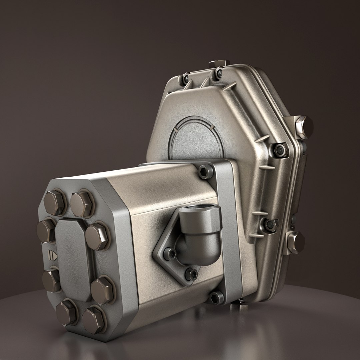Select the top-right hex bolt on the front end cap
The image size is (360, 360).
coord(82,204)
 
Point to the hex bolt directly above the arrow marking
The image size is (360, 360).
coord(46,230)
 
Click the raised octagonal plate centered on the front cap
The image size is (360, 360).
coord(73,257)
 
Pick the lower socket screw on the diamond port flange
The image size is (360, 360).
coord(191,274)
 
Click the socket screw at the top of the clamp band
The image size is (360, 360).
coord(205,172)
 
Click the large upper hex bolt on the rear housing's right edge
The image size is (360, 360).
coord(304,126)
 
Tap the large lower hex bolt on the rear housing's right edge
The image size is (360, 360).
coord(296,242)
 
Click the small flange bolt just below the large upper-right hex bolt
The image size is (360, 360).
coord(280,150)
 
